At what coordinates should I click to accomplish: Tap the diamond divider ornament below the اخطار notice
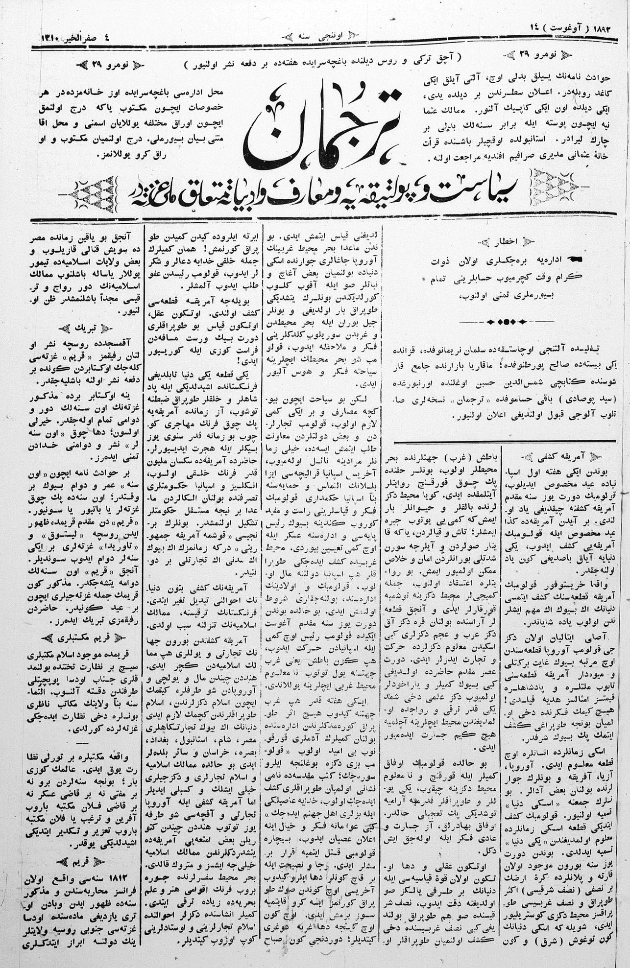(x=505, y=322)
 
